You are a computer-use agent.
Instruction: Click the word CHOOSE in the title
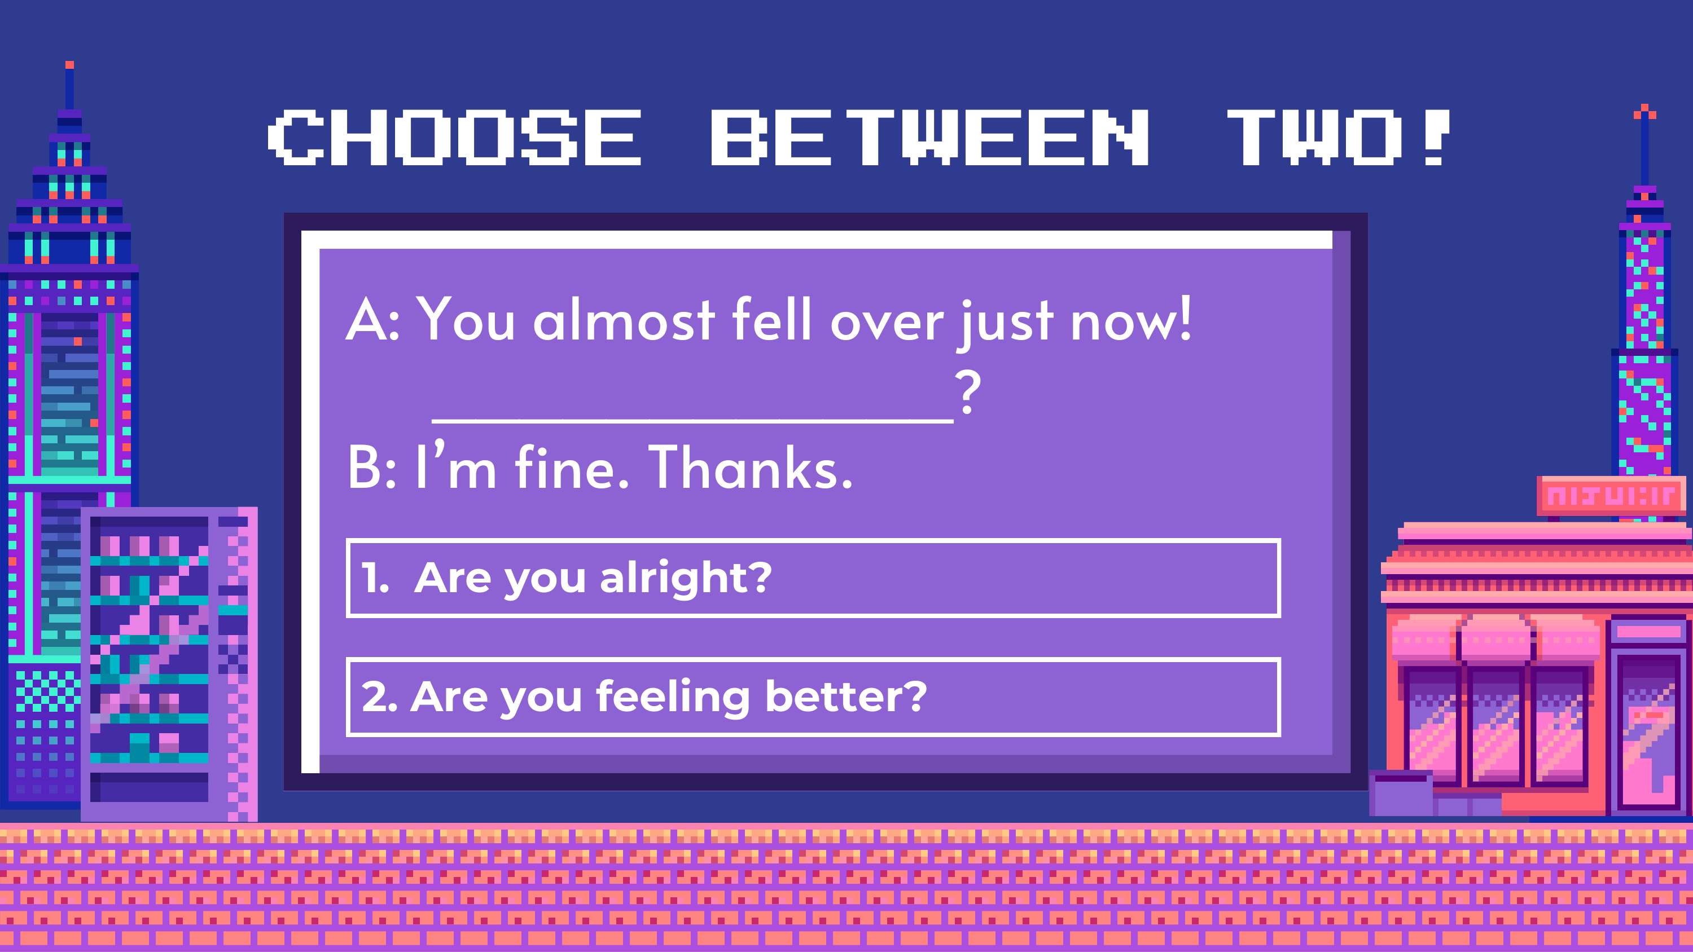pos(454,137)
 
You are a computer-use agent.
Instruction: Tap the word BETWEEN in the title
pos(930,137)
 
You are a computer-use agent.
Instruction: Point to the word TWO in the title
pos(1314,137)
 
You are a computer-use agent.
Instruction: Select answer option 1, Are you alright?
pos(813,578)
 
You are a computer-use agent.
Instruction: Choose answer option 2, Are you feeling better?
pos(813,697)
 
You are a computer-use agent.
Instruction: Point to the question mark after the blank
pos(968,391)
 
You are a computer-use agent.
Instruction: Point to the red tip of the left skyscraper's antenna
pos(69,65)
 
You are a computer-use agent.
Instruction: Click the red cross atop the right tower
pos(1645,112)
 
